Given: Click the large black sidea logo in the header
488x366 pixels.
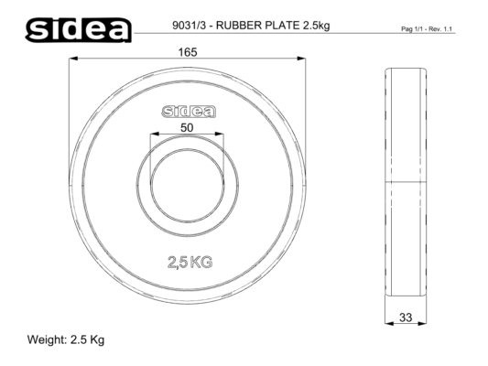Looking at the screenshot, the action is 78,30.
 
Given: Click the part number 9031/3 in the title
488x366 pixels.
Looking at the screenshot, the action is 190,26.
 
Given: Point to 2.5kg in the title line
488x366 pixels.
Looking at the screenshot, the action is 316,26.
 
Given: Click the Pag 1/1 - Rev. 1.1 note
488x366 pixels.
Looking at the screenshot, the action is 427,29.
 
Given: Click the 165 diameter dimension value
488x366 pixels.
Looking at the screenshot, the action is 188,52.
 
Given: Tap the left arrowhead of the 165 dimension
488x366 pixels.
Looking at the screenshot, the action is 73,59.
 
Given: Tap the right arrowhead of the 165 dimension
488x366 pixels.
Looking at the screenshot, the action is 301,59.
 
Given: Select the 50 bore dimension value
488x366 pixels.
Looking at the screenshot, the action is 187,128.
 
